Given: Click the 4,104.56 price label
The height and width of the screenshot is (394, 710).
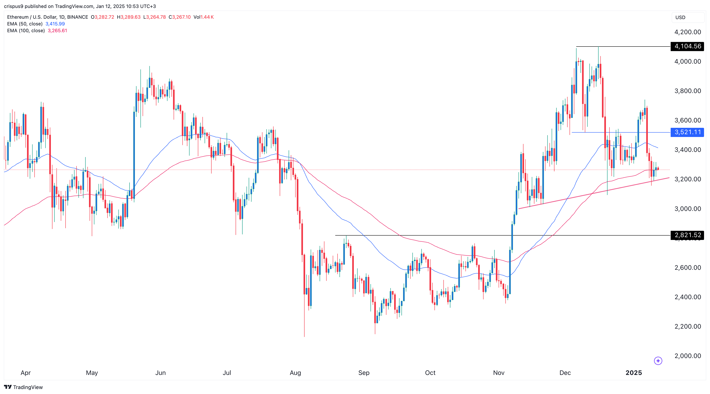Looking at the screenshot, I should (687, 46).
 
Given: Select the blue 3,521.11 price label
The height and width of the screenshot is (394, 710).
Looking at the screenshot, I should (687, 132).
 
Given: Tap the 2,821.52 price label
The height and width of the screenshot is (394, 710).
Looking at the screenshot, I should (687, 235).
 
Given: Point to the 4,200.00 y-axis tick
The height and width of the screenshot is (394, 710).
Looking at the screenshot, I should (687, 32).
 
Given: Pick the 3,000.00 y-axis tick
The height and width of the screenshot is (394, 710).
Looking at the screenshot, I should (687, 209).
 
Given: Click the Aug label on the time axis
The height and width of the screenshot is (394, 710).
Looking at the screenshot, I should (295, 373).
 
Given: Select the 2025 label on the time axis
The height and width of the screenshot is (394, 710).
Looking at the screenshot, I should (634, 373).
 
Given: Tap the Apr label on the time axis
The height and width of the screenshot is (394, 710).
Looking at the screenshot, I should (26, 373).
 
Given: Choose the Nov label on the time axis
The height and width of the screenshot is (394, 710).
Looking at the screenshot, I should (499, 373).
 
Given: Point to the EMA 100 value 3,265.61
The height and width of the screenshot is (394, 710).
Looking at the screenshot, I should (57, 31).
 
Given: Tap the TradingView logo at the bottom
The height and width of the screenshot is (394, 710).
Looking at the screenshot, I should (23, 387).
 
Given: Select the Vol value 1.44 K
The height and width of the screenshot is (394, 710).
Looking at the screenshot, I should (207, 17).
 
